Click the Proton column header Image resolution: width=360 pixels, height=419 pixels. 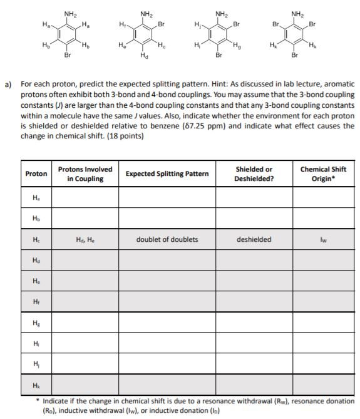36,173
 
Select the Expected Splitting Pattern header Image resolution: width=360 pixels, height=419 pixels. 167,173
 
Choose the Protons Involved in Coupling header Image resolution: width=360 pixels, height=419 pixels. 85,173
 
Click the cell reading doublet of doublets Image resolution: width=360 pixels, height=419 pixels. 167,239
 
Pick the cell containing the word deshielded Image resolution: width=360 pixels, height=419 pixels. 254,239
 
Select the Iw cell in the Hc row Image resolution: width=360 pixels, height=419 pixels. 323,239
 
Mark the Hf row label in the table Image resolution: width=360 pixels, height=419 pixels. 36,303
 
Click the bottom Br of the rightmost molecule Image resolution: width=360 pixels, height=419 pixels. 294,55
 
